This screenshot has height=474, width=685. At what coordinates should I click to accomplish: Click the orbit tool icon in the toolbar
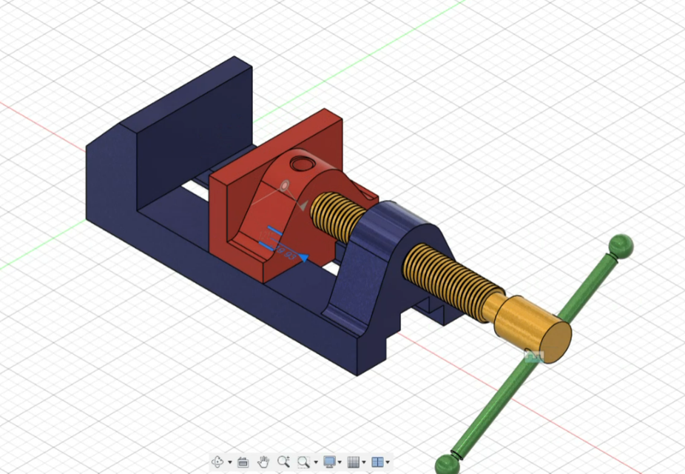pyautogui.click(x=218, y=462)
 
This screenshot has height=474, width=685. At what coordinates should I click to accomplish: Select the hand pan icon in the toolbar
pyautogui.click(x=263, y=462)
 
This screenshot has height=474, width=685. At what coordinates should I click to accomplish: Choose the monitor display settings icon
pyautogui.click(x=329, y=462)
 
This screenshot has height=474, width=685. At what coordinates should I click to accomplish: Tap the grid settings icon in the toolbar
pyautogui.click(x=354, y=462)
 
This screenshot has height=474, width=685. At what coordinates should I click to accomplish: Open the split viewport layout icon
pyautogui.click(x=377, y=462)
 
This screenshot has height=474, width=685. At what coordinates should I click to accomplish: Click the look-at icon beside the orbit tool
pyautogui.click(x=243, y=462)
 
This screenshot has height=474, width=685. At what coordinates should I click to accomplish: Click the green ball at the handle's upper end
pyautogui.click(x=620, y=246)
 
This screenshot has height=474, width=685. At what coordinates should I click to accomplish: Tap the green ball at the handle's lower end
pyautogui.click(x=447, y=464)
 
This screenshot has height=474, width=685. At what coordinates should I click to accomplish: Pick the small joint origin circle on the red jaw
pyautogui.click(x=285, y=185)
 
